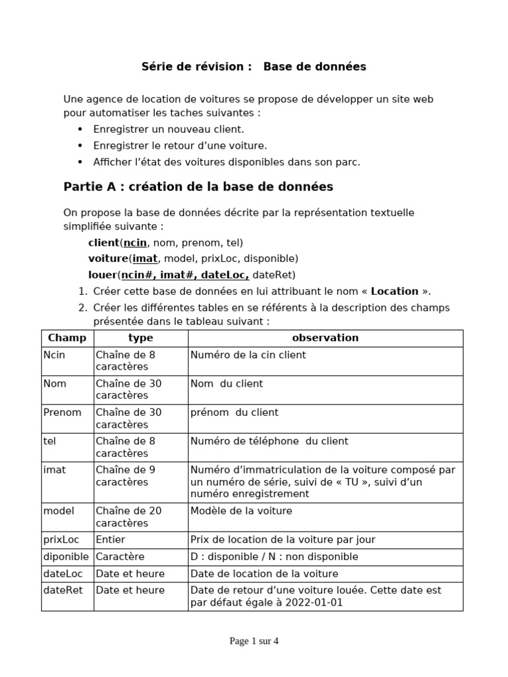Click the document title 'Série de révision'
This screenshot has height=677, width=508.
pyautogui.click(x=196, y=67)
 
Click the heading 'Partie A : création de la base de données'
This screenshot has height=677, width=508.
pyautogui.click(x=198, y=187)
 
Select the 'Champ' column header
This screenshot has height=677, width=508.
pyautogui.click(x=67, y=338)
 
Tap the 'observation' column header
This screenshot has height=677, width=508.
pyautogui.click(x=325, y=338)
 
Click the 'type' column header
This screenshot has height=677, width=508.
pyautogui.click(x=140, y=338)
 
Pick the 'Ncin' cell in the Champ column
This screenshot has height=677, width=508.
pyautogui.click(x=54, y=355)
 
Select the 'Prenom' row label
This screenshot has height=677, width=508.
pyautogui.click(x=62, y=413)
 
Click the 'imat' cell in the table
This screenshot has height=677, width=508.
pyautogui.click(x=54, y=470)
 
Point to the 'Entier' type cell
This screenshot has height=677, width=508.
pyautogui.click(x=110, y=540)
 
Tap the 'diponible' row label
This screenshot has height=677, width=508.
pyautogui.click(x=66, y=557)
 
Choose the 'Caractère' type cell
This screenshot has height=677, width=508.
pyautogui.click(x=120, y=557)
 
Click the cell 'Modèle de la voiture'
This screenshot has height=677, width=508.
pyautogui.click(x=241, y=511)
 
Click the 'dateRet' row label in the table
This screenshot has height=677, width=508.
pyautogui.click(x=63, y=590)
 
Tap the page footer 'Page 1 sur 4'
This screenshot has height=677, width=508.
pyautogui.click(x=254, y=641)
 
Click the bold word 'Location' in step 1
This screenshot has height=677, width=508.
pyautogui.click(x=394, y=292)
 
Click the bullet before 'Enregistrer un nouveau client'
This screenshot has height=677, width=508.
pyautogui.click(x=81, y=130)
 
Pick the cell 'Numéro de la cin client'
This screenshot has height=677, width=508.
pyautogui.click(x=248, y=355)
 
